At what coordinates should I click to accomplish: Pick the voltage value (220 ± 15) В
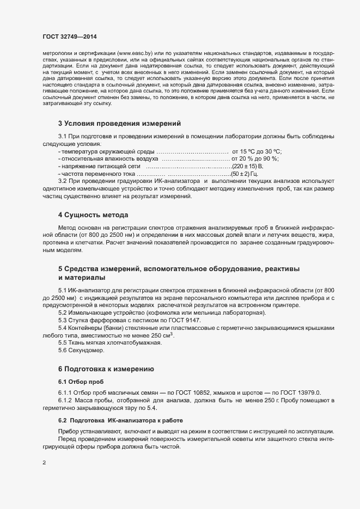pos(248,166)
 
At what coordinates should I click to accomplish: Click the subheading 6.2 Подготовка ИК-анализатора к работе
pos(120,421)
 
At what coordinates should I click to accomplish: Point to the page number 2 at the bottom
pos(44,463)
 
